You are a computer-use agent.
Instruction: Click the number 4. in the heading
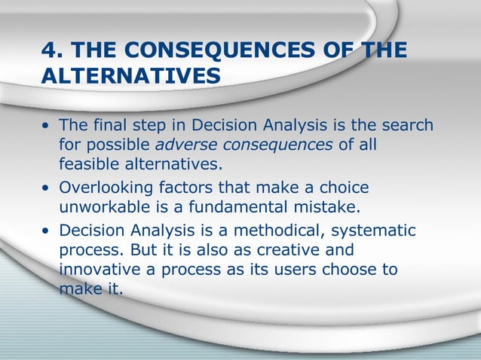pyautogui.click(x=51, y=50)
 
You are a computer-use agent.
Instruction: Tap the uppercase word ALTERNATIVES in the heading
pyautogui.click(x=131, y=76)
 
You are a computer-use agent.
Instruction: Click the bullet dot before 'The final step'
pyautogui.click(x=47, y=126)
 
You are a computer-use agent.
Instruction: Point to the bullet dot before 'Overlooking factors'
pyautogui.click(x=47, y=188)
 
